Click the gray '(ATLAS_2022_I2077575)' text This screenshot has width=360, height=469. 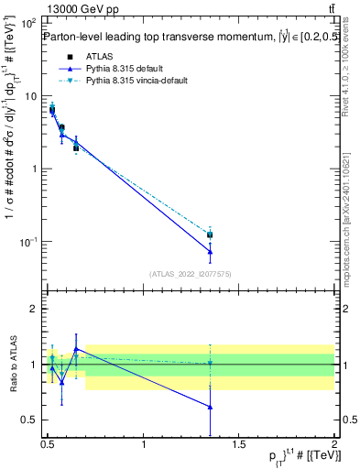189,274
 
